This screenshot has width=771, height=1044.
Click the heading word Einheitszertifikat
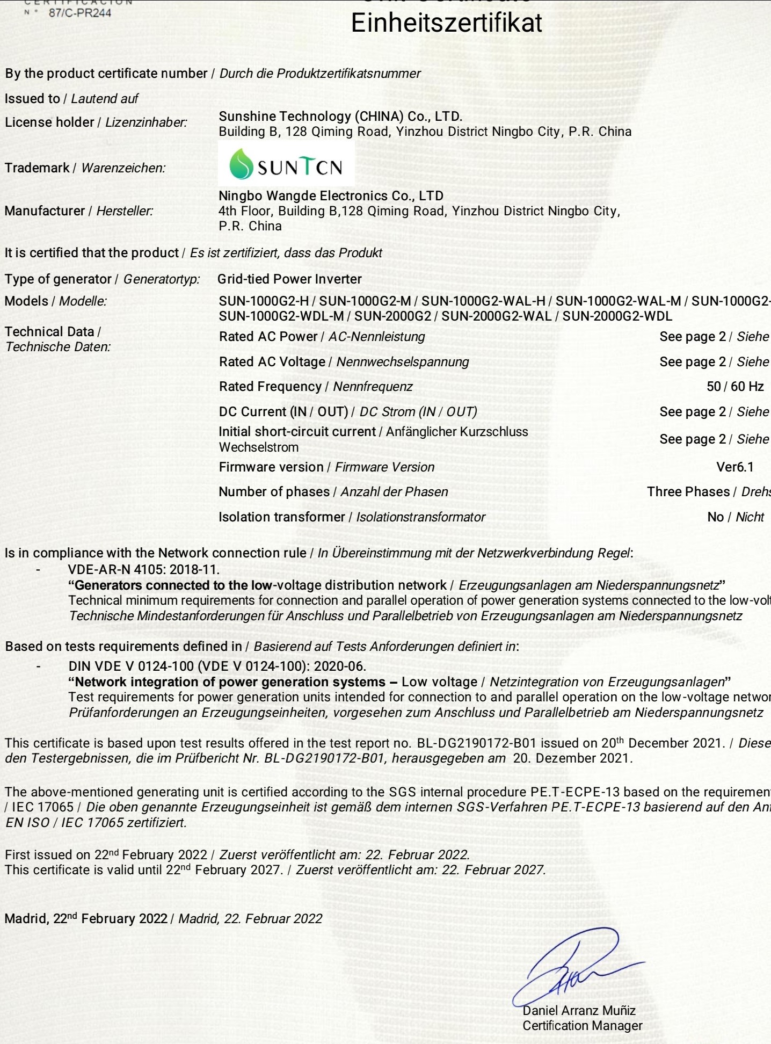(446, 24)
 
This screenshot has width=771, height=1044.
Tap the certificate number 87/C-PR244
(80, 13)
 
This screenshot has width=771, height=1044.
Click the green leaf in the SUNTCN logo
(241, 164)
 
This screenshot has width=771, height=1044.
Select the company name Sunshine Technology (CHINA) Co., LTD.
(340, 117)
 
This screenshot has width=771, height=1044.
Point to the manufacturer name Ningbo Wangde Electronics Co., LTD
(331, 196)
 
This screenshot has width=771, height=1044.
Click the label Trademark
(37, 168)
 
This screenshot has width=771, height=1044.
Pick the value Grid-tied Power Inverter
(289, 279)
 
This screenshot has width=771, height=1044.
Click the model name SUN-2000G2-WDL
(617, 316)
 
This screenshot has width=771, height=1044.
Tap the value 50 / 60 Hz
(734, 387)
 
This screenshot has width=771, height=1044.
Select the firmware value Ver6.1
(734, 467)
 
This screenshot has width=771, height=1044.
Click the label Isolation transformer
(281, 517)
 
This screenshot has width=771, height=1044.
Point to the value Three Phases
(688, 492)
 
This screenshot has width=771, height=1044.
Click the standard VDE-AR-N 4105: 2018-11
(143, 569)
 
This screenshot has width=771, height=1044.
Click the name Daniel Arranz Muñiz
(579, 1011)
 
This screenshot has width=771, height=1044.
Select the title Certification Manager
(582, 1026)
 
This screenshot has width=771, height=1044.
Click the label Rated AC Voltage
(272, 362)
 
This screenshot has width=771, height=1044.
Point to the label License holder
(49, 122)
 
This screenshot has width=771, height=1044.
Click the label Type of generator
(58, 279)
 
